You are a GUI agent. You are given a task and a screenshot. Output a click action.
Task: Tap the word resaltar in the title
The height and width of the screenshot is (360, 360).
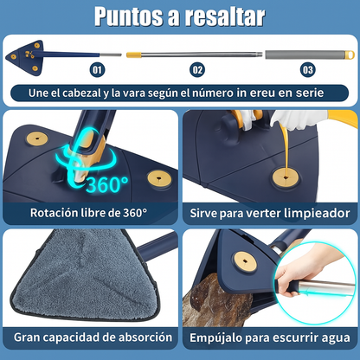click(225, 16)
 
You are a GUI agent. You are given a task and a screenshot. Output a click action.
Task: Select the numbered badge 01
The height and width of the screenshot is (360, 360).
click(97, 70)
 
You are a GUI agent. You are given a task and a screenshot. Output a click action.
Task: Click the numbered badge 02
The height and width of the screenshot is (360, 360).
click(197, 70)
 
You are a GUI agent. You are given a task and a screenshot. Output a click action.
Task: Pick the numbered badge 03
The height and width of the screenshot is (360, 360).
click(307, 70)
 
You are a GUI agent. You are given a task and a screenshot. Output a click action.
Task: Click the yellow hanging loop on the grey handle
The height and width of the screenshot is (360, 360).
click(350, 55)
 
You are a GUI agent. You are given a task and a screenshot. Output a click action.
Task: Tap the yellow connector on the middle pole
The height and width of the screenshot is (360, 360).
click(134, 55)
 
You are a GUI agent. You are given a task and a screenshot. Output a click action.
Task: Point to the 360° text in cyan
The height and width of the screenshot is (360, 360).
click(107, 184)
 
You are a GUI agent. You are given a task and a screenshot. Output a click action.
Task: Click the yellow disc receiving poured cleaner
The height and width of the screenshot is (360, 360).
click(286, 177)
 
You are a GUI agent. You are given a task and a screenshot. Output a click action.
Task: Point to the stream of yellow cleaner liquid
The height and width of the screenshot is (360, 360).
click(285, 147)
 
